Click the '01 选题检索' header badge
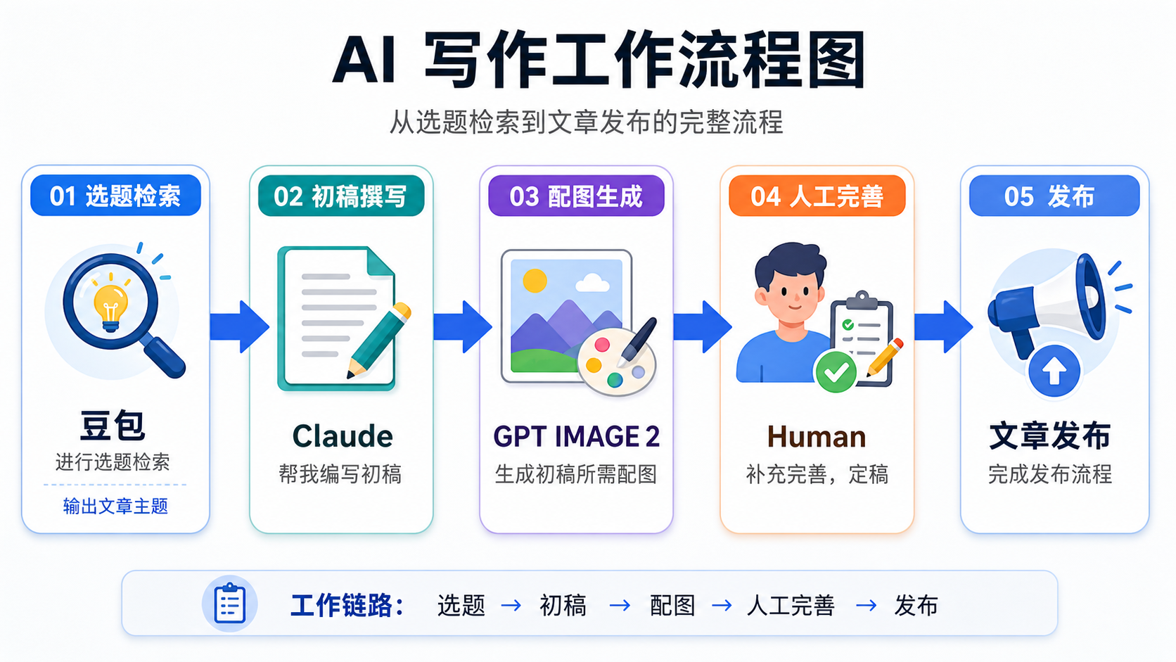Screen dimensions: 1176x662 pos(115,196)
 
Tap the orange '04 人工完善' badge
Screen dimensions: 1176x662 pos(817,196)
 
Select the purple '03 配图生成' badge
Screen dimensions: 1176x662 pos(576,196)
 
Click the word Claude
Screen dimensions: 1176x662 pos(343,435)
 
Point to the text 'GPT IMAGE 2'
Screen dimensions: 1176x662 pos(577,436)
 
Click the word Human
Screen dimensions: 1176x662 pos(817,437)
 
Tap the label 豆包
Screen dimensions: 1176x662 pos(113,425)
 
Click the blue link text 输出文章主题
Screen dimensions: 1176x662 pos(115,506)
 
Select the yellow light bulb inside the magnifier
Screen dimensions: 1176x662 pos(110,307)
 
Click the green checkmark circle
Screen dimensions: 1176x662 pos(836,371)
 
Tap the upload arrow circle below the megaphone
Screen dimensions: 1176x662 pos(1054,371)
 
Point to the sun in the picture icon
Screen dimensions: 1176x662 pos(535,280)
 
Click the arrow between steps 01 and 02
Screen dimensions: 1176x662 pos(239,326)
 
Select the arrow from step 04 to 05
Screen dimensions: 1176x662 pos(943,326)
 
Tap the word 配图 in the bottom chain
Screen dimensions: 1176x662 pos(672,605)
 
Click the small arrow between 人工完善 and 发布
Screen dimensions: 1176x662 pos(867,606)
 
